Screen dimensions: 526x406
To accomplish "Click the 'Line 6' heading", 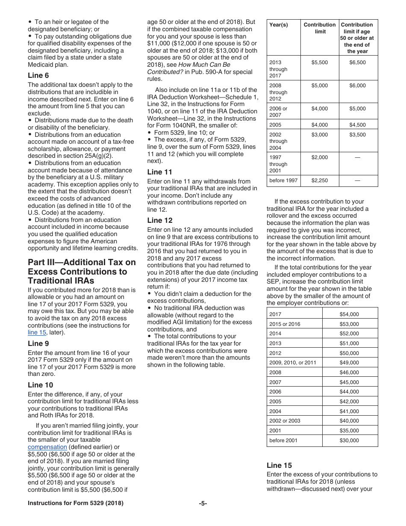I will (x=38, y=75).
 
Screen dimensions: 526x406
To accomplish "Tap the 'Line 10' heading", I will (x=41, y=384).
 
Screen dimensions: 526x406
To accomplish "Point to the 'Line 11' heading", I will (x=160, y=172).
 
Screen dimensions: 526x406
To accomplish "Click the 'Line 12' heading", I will (x=160, y=220).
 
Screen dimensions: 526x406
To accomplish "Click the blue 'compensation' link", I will (x=47, y=447).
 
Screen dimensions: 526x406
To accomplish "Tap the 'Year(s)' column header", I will (x=279, y=25).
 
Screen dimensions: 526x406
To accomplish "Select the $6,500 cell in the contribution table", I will (x=357, y=62).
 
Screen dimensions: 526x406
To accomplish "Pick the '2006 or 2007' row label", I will (x=279, y=112).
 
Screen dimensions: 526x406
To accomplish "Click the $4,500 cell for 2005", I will (x=357, y=125).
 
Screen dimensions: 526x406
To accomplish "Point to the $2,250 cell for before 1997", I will (x=320, y=180).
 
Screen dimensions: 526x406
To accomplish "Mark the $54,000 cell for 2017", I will (x=349, y=314).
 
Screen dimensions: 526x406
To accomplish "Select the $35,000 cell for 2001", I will (x=349, y=431).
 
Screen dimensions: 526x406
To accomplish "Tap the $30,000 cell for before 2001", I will (x=349, y=440).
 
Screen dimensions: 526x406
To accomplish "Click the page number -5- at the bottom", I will (x=203, y=503).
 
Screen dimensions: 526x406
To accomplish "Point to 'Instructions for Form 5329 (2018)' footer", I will (x=76, y=503).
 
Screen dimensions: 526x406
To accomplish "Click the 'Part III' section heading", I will (x=82, y=271).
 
